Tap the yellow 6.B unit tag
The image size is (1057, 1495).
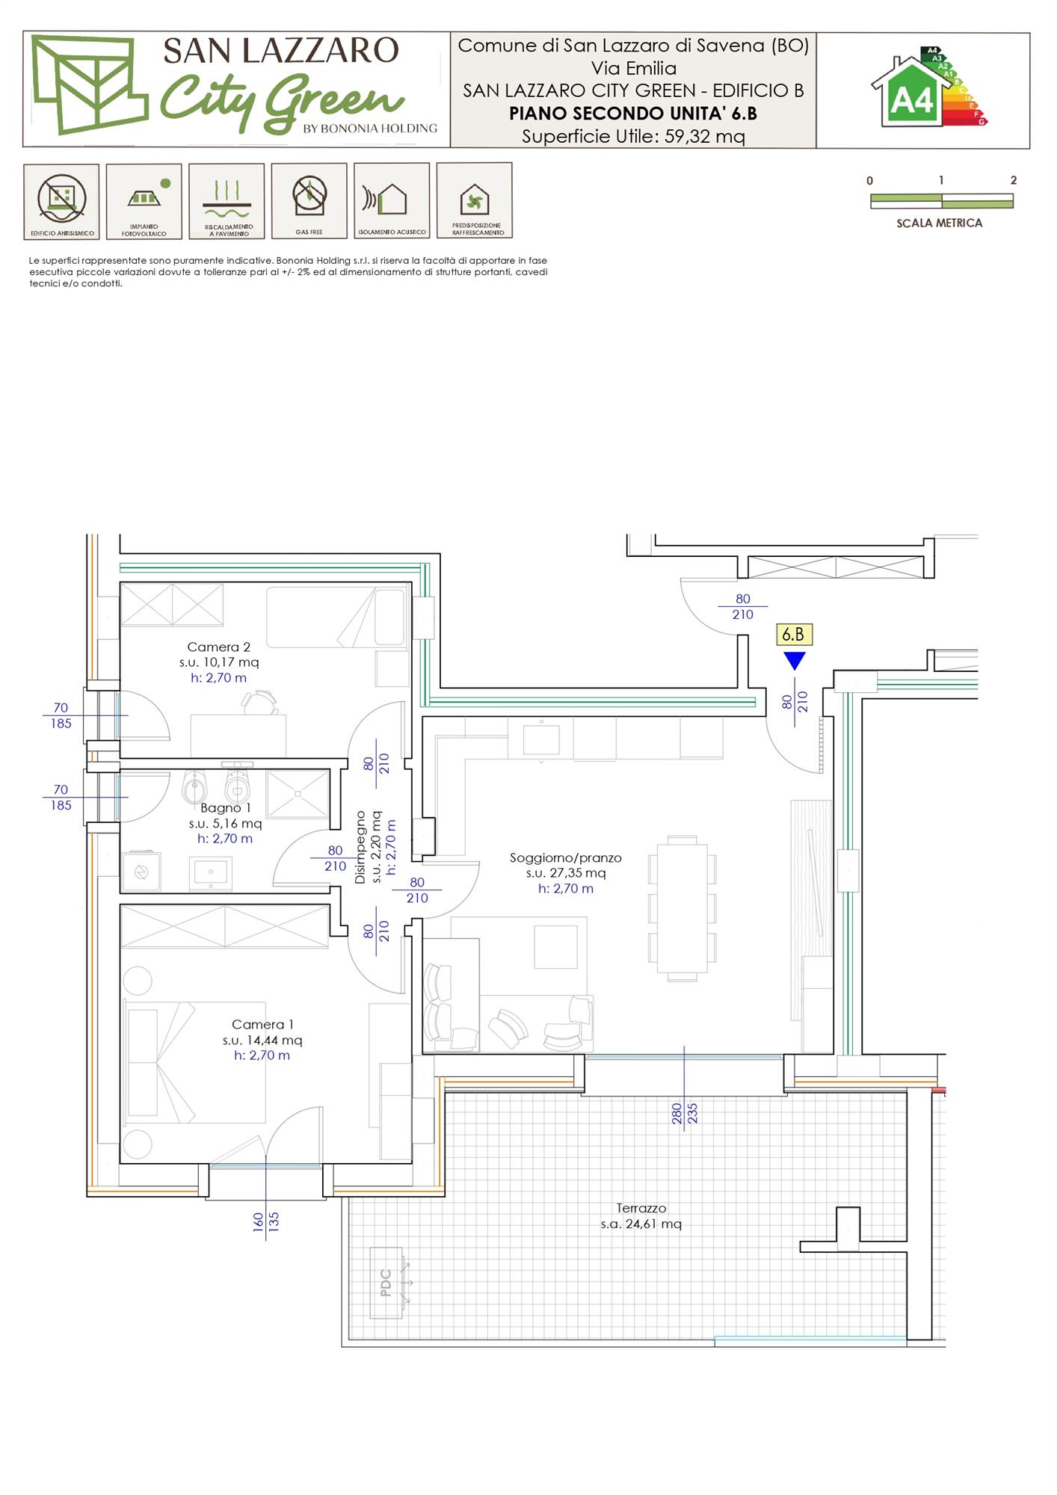point(793,635)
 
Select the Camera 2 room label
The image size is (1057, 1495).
point(218,647)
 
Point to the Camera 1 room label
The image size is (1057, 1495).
point(262,1024)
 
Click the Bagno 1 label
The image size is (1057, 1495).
point(225,808)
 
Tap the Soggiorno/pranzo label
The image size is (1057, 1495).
point(566,857)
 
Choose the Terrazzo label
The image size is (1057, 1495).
point(641,1208)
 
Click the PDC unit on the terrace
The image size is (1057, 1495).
point(386,1283)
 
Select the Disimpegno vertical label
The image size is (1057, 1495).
point(360,847)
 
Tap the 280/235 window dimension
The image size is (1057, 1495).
point(685,1114)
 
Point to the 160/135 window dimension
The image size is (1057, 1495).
point(266,1222)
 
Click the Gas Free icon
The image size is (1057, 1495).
point(309,200)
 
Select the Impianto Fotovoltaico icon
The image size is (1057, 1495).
point(144,201)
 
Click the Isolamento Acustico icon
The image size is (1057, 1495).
point(392,200)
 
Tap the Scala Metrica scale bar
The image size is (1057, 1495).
point(942,200)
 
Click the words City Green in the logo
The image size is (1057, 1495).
point(280,101)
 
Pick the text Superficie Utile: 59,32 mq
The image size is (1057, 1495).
point(633,136)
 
